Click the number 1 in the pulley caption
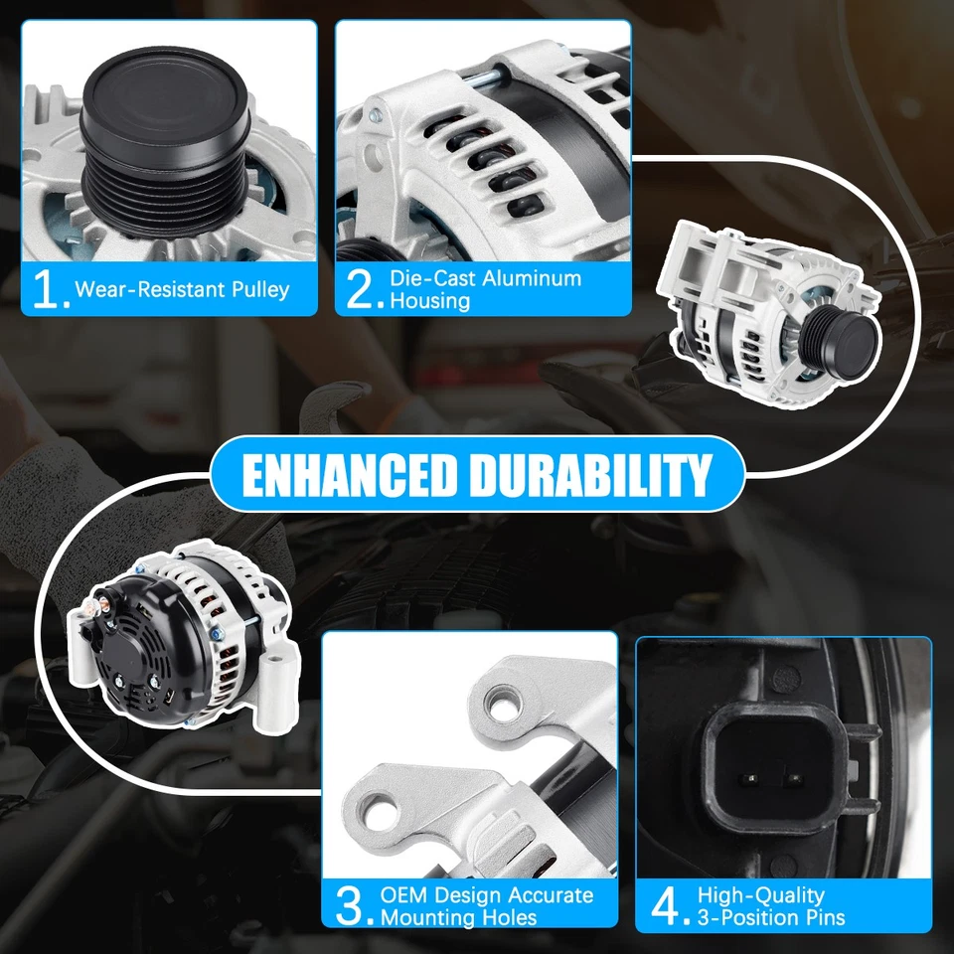coord(48,289)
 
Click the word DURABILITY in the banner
coord(590,475)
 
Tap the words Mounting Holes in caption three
coord(458,917)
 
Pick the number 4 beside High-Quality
coord(665,905)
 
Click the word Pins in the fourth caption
coord(820,917)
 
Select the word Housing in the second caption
coord(429,300)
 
